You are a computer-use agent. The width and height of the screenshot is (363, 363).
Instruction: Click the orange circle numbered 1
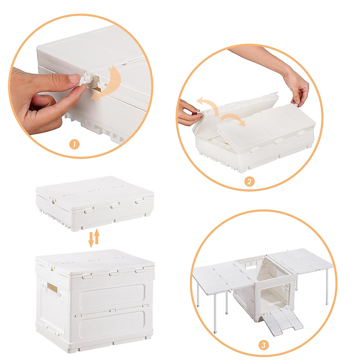(74, 145)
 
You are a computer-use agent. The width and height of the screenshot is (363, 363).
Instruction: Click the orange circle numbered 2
(249, 182)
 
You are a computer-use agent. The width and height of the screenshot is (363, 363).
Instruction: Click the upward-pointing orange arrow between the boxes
(97, 236)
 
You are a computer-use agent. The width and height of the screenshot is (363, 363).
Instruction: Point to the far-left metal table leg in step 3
(198, 292)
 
